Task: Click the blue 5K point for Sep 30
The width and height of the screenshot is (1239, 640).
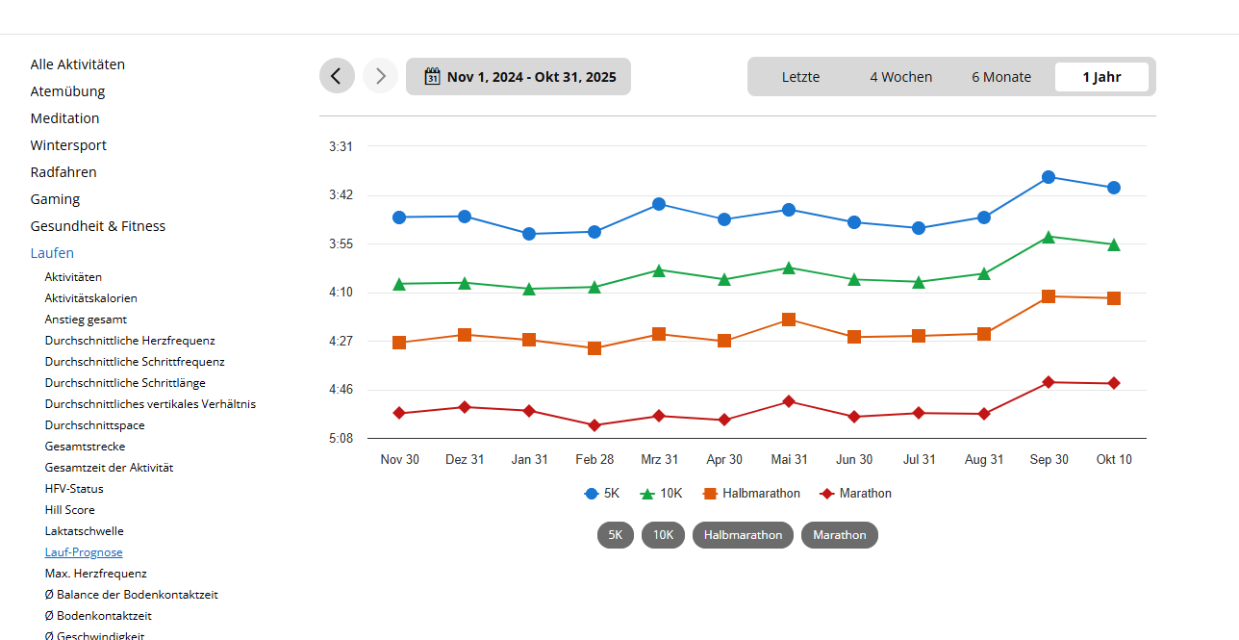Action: click(1049, 177)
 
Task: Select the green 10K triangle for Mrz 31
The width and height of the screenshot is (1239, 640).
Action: click(659, 270)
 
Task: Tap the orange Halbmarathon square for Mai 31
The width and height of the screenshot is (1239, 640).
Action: click(789, 320)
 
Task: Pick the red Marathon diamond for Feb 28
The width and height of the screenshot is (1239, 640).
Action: click(594, 425)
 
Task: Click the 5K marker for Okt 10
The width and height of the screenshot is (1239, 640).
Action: click(1114, 188)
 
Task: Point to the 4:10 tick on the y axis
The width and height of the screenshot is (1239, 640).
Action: click(341, 293)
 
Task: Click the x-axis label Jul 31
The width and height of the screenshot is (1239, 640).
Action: click(919, 460)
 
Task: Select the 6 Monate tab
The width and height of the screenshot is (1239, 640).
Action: click(1000, 77)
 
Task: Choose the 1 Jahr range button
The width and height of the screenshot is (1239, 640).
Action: click(1101, 77)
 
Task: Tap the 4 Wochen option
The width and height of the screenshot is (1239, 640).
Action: click(900, 77)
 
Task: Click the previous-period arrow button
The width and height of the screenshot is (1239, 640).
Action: click(337, 76)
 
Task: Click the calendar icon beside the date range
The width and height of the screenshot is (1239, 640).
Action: click(432, 76)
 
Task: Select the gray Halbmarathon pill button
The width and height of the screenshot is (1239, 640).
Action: click(743, 535)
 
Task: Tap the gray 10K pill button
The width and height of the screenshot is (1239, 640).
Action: click(663, 535)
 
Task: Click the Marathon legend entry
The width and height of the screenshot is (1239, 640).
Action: click(855, 494)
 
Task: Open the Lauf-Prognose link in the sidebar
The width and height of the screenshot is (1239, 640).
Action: click(84, 552)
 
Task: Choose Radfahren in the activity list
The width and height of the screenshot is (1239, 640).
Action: click(63, 172)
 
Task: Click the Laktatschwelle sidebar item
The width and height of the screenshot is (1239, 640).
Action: click(84, 531)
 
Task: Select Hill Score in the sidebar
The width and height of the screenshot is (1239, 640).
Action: click(69, 510)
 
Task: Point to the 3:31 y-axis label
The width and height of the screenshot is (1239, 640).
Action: click(341, 147)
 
